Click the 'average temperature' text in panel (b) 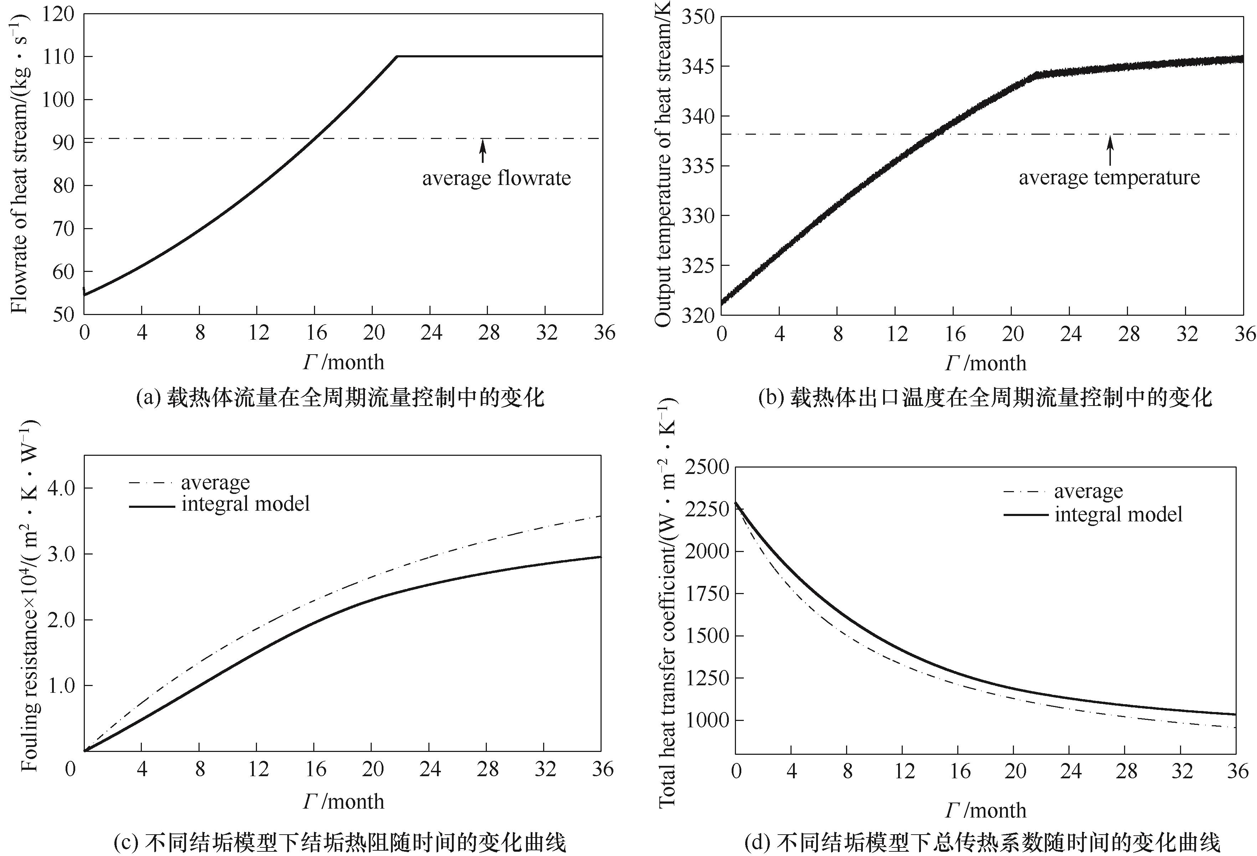pyautogui.click(x=1109, y=177)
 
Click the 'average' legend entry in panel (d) pyautogui.click(x=1088, y=491)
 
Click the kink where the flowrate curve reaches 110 pyautogui.click(x=397, y=56)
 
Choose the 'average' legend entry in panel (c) pyautogui.click(x=215, y=482)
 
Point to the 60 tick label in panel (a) pyautogui.click(x=63, y=272)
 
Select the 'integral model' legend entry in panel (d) pyautogui.click(x=1118, y=514)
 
